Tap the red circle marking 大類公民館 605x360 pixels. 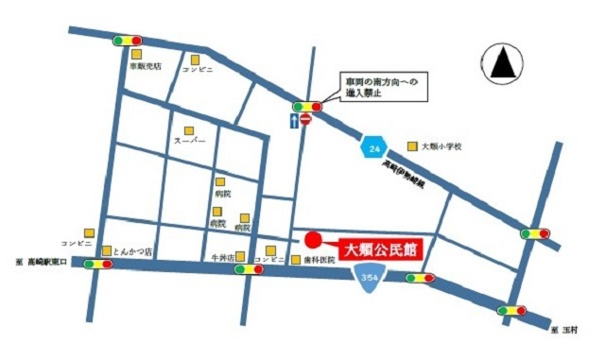click(314, 238)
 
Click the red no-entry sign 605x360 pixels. click(305, 121)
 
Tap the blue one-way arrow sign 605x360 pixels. click(294, 121)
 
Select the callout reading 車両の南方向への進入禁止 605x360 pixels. click(376, 89)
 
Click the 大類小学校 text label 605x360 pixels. click(441, 146)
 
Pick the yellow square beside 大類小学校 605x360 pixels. click(412, 146)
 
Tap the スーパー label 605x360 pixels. click(189, 141)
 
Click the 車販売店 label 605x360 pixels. click(147, 66)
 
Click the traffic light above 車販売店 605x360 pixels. click(126, 41)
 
